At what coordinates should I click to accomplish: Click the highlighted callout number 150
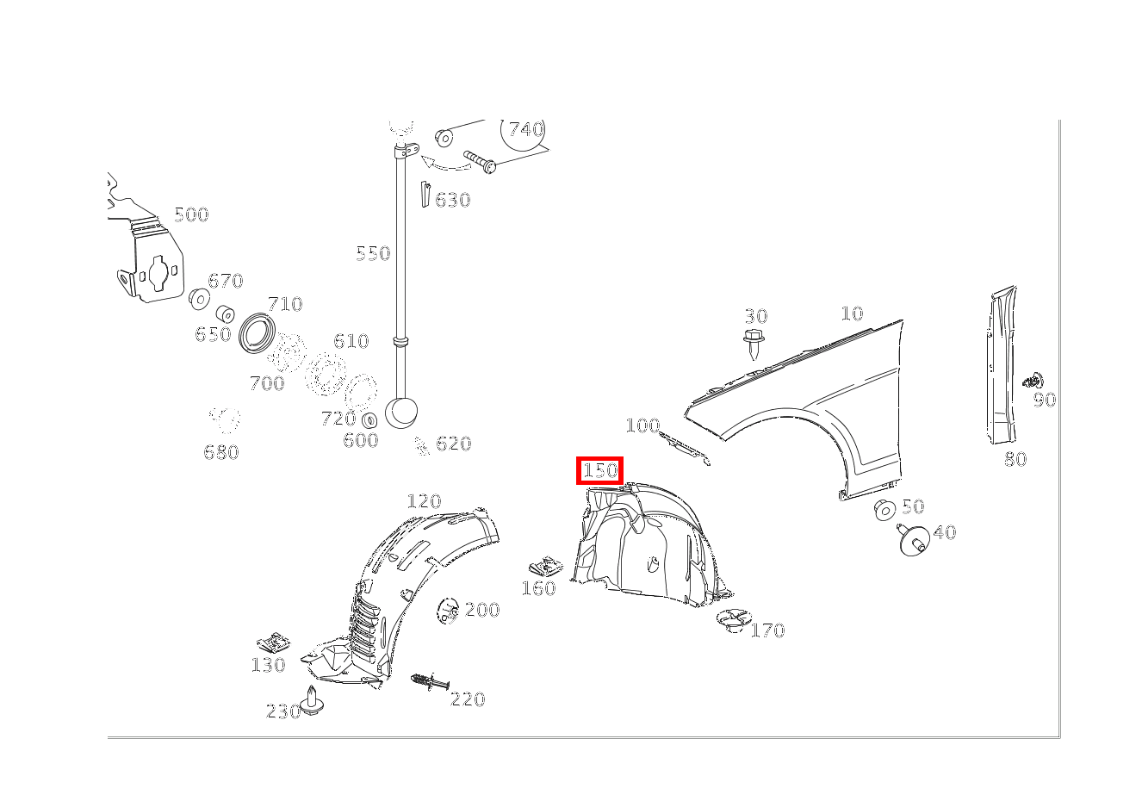coord(600,470)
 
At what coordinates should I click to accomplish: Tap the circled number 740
coord(526,129)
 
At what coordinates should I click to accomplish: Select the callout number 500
coord(191,214)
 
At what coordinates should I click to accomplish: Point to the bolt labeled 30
coord(754,345)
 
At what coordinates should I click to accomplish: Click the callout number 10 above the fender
coord(852,313)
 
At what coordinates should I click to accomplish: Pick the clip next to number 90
coord(1033,381)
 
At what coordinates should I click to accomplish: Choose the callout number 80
coord(1015,459)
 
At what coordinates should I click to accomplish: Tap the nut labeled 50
coord(884,510)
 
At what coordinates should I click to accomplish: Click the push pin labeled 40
coord(913,539)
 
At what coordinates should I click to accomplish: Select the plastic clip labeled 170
coord(734,620)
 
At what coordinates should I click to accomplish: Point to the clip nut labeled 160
coord(546,567)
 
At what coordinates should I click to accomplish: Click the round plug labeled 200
coord(448,611)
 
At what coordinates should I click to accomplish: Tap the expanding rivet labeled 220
coord(430,681)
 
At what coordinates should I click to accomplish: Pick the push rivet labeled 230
coord(311,699)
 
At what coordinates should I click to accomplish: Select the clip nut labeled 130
coord(273,642)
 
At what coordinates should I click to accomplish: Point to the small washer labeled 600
coord(369,421)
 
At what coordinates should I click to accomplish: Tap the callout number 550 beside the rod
coord(373,253)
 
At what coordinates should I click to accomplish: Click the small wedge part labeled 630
coord(425,195)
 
